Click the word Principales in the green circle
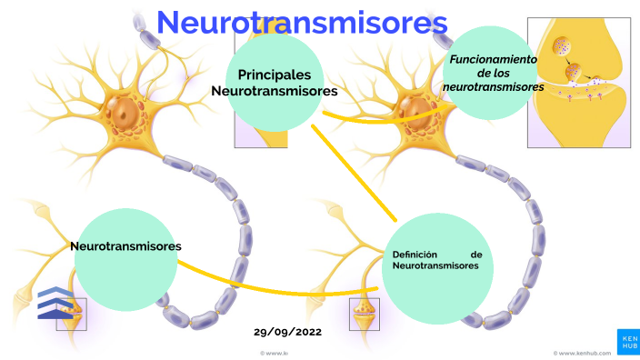[275, 74]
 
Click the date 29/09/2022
[287, 333]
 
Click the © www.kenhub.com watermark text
[581, 352]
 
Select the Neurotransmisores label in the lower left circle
[125, 246]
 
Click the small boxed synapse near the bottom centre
[365, 312]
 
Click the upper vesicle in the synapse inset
[564, 45]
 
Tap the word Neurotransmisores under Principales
[275, 91]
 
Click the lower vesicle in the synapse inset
[575, 71]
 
